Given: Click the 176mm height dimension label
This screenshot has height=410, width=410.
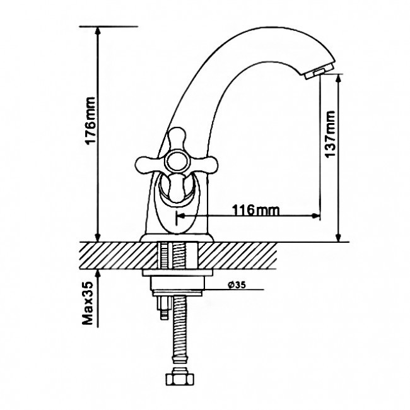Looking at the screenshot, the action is click(90, 120).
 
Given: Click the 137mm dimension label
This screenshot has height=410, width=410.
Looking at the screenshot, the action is click(330, 134).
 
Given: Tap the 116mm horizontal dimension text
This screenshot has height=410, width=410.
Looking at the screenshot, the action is click(255, 209).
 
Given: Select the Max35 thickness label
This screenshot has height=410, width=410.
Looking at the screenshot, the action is click(88, 303).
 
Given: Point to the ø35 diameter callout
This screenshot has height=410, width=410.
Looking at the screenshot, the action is click(237, 284).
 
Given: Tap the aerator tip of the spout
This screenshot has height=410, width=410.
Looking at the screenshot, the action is click(319, 72).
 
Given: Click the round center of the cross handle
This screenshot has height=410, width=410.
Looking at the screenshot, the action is click(177, 161).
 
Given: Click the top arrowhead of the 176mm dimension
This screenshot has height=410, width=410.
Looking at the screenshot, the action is click(98, 32).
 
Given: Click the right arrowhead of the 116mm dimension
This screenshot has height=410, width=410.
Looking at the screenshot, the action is click(315, 216).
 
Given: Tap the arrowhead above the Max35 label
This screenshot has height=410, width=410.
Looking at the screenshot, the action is click(98, 274).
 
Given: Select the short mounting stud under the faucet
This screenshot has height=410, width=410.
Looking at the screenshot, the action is click(163, 308).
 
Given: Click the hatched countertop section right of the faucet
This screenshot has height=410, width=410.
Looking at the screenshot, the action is click(238, 255).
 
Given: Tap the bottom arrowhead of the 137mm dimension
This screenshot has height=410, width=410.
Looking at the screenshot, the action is click(338, 237).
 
